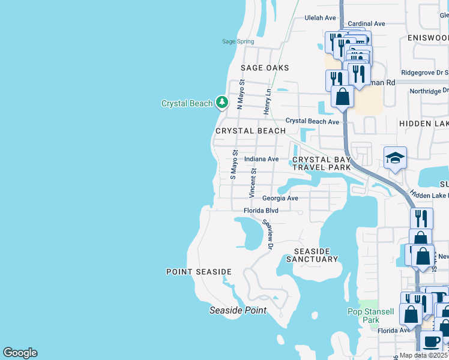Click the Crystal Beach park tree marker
point(222,103)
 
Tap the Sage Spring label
point(238,41)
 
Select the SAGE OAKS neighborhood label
point(265,68)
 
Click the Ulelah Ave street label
point(321,18)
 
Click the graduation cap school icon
point(395,158)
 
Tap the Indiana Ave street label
point(262,159)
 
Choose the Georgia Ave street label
point(280,198)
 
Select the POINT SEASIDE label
point(199,272)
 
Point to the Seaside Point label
point(238,310)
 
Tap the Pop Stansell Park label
point(371,316)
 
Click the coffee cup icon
point(431,342)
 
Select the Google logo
point(20,353)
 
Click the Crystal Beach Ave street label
point(312,121)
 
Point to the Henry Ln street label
point(268,102)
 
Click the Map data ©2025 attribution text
point(423,355)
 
